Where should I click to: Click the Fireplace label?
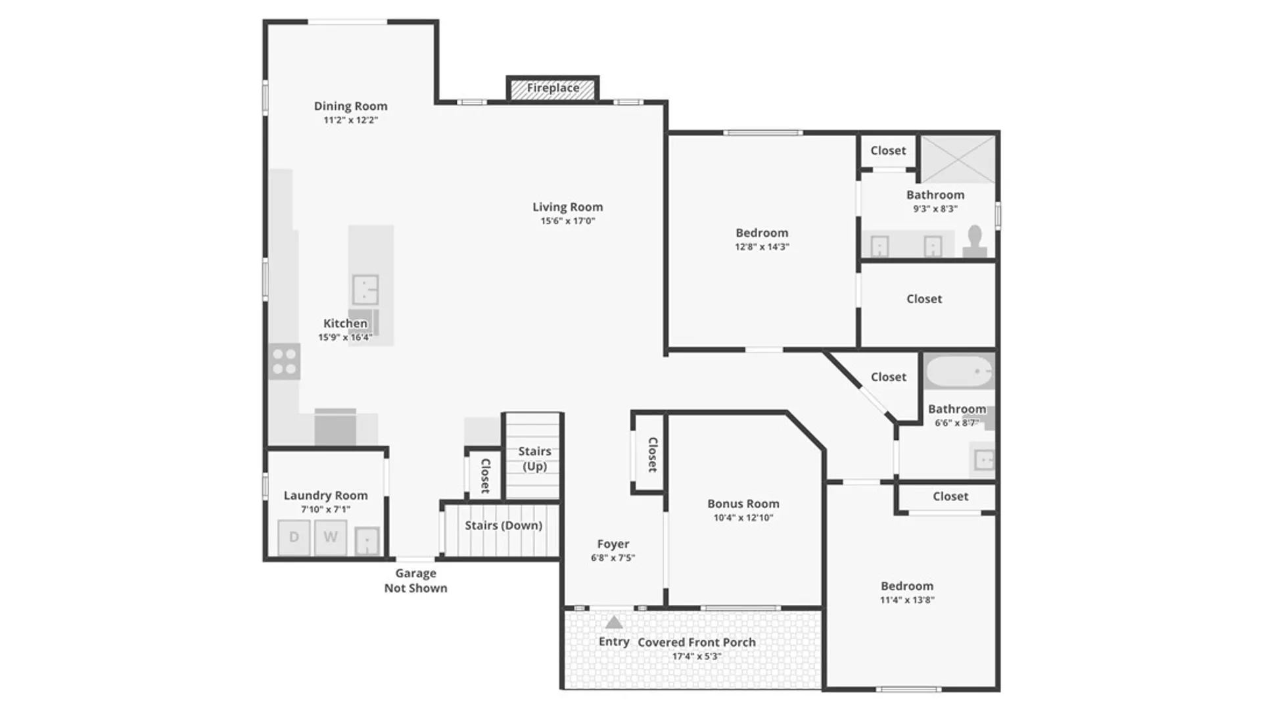tap(553, 87)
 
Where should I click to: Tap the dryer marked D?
tap(294, 537)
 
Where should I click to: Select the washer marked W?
tap(331, 537)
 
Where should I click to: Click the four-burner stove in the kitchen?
tap(285, 362)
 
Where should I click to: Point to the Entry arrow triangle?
tap(613, 622)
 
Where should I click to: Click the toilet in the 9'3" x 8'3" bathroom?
tap(975, 241)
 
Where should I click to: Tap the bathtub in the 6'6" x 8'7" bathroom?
tap(960, 372)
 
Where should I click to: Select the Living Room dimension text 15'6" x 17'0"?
tap(568, 221)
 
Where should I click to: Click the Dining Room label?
tap(350, 106)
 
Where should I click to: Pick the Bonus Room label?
tap(743, 504)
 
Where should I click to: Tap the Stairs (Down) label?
tap(503, 525)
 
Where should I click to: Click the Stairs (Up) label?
tap(534, 458)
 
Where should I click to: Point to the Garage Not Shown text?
tap(416, 580)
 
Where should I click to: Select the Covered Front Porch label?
tap(697, 642)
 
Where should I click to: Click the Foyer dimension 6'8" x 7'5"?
tap(613, 557)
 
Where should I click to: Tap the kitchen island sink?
tap(365, 289)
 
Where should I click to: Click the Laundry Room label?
tap(325, 495)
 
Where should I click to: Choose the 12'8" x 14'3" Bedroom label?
tap(762, 233)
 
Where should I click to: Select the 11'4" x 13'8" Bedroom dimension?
tap(907, 600)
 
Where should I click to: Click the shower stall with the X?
tap(958, 159)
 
